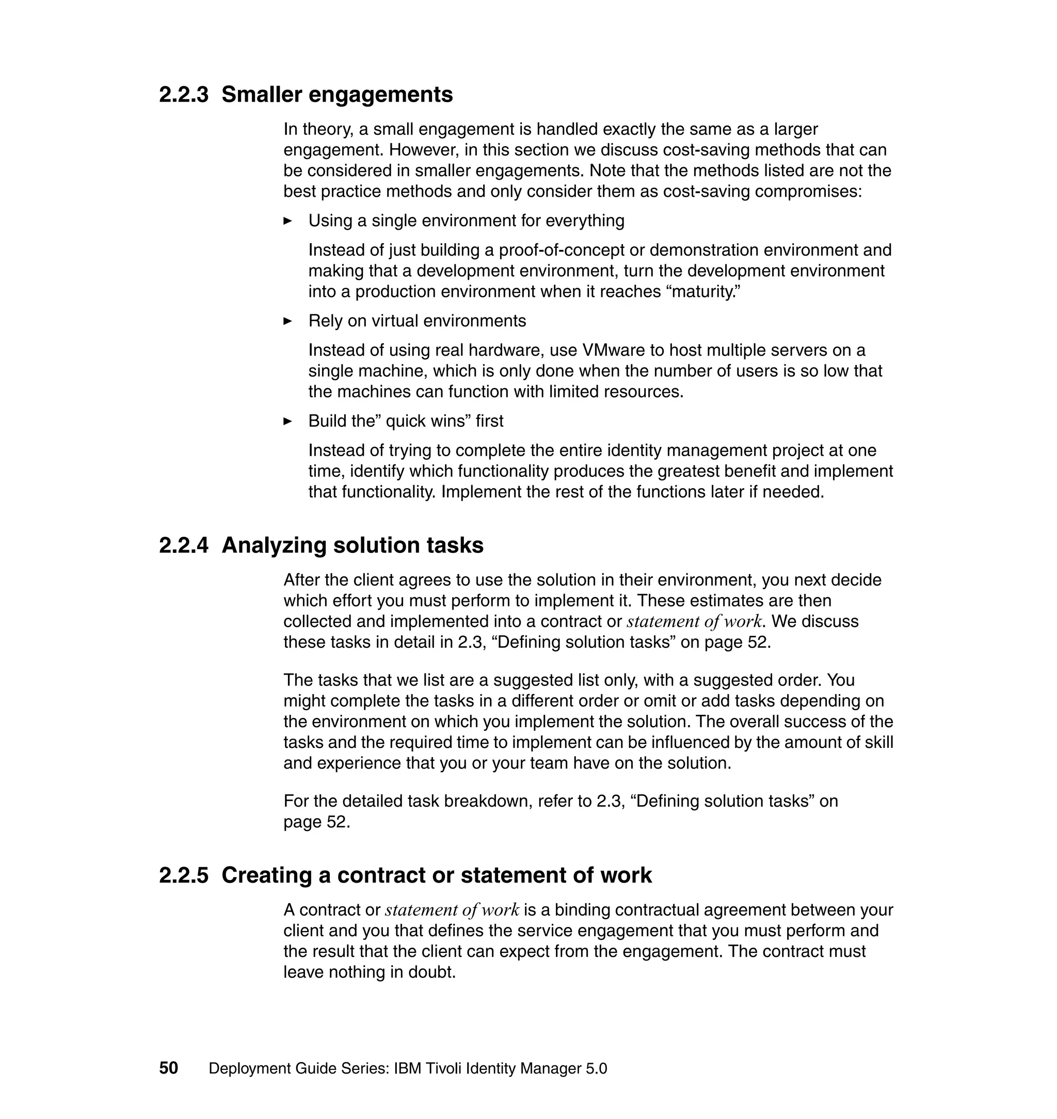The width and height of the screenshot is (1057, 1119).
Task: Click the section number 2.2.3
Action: point(183,94)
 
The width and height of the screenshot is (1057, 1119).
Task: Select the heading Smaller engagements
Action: point(337,94)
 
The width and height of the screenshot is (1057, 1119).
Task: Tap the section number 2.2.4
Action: point(183,546)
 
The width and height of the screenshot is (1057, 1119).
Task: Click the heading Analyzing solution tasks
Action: point(352,546)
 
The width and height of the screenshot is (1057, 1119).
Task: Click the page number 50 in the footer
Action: point(168,1068)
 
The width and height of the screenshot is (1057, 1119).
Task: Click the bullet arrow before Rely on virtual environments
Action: point(287,321)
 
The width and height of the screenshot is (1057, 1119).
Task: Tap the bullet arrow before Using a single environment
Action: point(287,221)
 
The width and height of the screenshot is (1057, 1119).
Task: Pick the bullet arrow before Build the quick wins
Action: point(287,422)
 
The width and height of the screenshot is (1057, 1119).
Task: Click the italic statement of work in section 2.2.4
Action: point(695,621)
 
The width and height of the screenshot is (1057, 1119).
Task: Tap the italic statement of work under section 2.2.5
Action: point(452,910)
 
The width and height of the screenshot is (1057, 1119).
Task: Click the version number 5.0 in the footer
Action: point(596,1068)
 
